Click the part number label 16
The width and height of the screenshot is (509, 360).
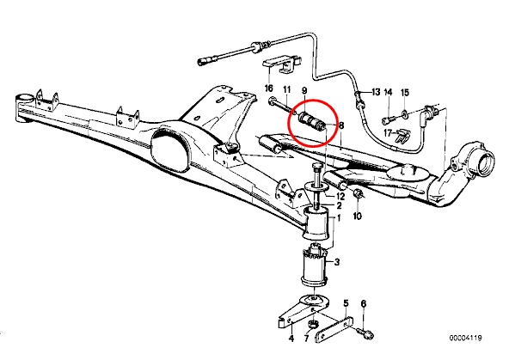269,88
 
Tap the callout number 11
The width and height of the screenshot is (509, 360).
287,89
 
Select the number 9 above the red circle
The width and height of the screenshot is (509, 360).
304,90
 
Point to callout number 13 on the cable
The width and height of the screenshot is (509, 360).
376,92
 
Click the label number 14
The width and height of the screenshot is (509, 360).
389,93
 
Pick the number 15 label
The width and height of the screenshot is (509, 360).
405,93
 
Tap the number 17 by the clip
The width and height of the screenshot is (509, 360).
388,132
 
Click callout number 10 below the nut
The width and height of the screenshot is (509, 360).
357,216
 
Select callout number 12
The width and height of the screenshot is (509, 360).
340,196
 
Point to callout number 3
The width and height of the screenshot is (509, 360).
337,262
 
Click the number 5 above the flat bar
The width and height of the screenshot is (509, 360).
346,303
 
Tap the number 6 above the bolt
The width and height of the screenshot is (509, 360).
364,303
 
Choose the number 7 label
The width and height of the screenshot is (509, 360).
306,339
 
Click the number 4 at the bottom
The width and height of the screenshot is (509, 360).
291,339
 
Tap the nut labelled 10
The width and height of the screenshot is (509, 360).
359,194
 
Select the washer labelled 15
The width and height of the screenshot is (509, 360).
404,113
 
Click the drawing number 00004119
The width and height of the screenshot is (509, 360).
465,338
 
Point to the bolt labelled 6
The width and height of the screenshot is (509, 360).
365,333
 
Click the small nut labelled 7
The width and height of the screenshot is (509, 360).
313,324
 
